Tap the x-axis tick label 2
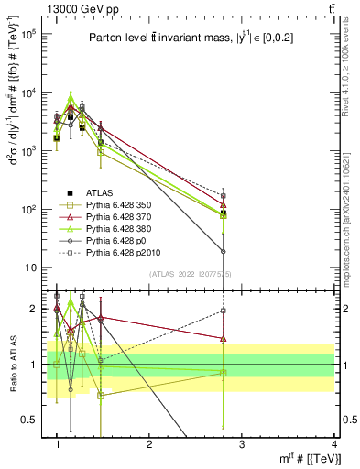click(149, 445)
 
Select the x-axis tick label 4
click(333, 445)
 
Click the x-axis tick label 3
click(241, 445)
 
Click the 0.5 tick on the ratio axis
click(32, 420)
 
